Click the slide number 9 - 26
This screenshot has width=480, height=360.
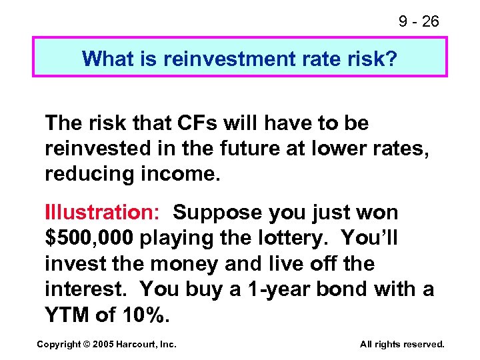pyautogui.click(x=419, y=21)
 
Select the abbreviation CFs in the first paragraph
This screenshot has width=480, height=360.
pyautogui.click(x=198, y=123)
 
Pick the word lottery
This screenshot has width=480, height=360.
pyautogui.click(x=291, y=239)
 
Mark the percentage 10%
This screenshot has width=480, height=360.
pyautogui.click(x=143, y=314)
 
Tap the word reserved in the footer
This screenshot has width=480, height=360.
pyautogui.click(x=421, y=345)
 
